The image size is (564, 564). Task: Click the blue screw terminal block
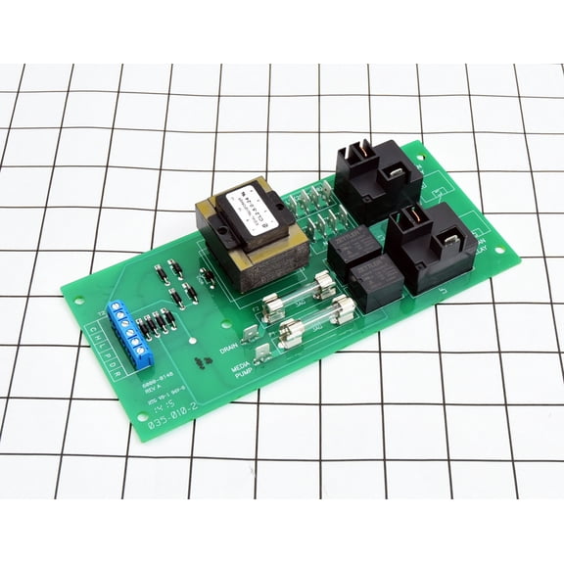[x=124, y=327]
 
